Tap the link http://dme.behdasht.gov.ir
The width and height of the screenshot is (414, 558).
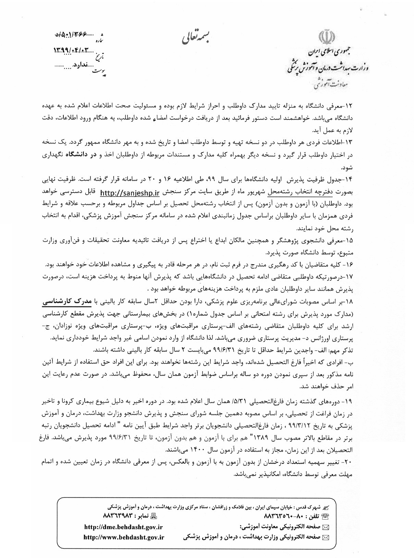pos(123,528)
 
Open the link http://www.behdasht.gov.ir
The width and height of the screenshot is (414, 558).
pos(124,537)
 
